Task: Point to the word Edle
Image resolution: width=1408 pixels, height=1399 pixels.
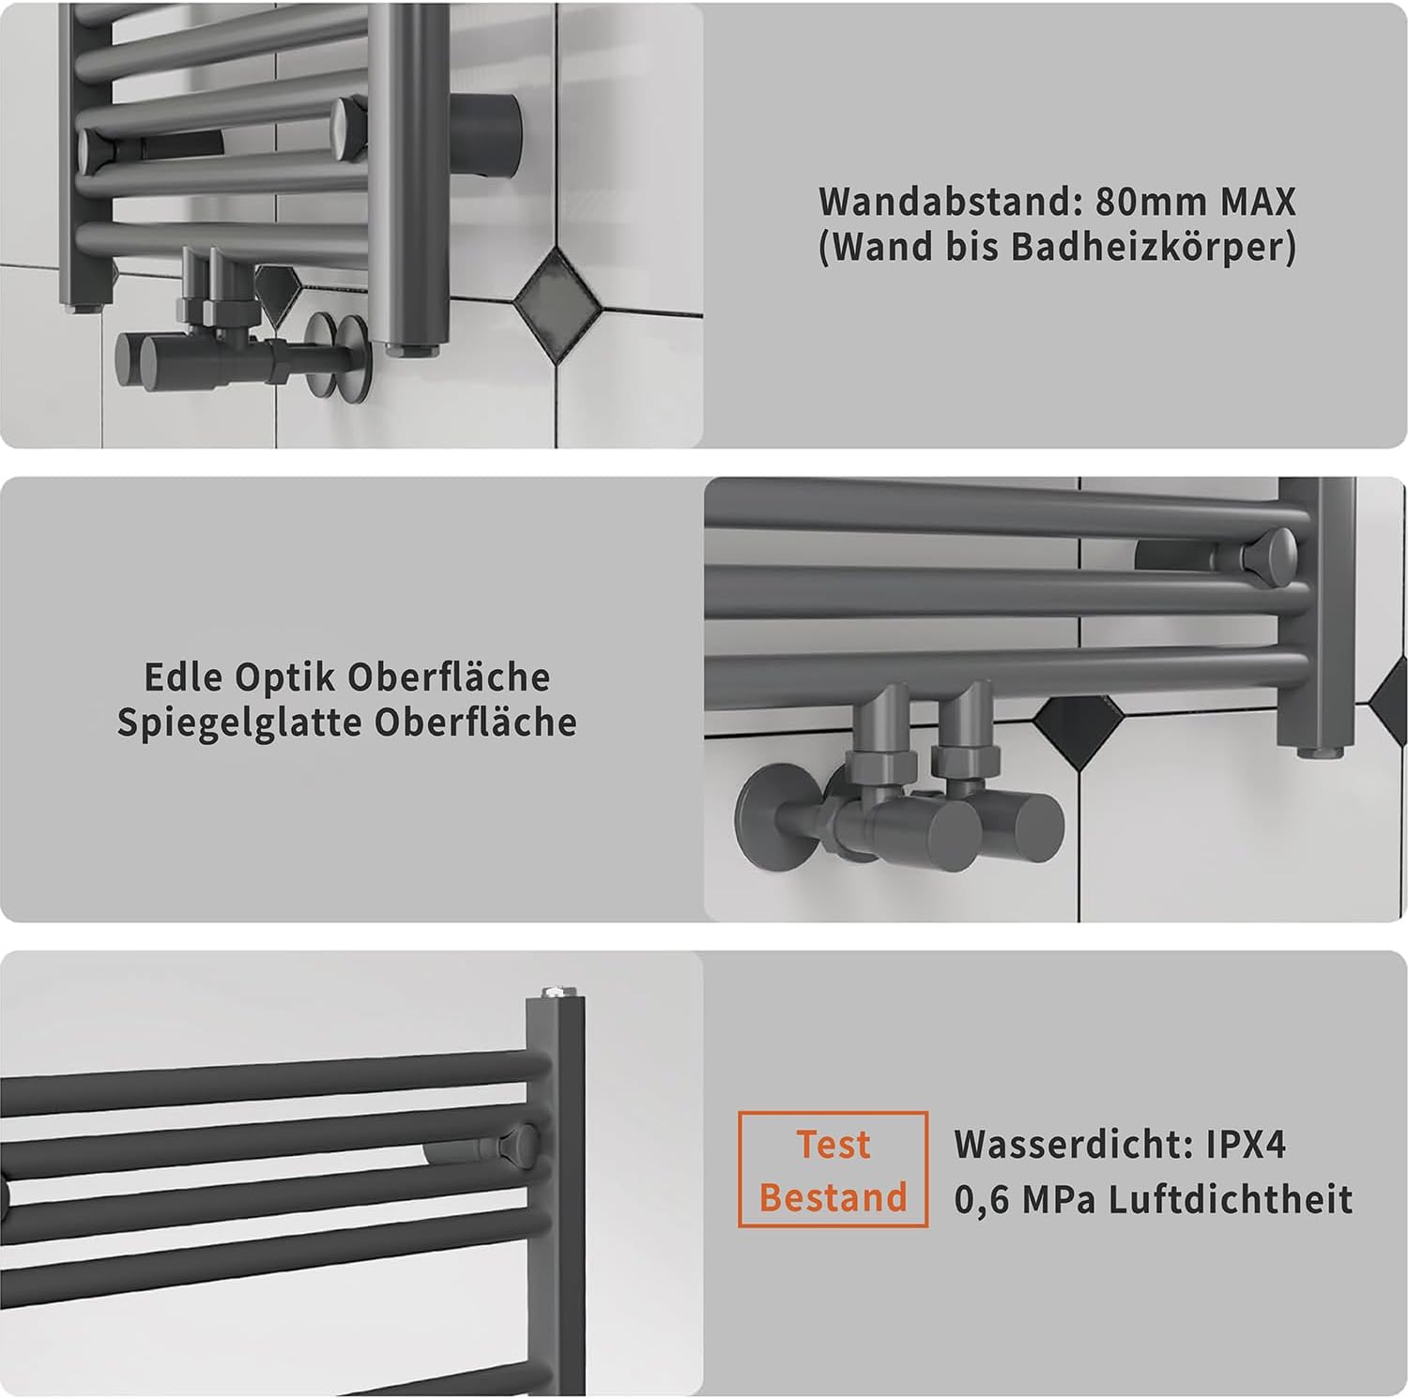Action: click(x=183, y=677)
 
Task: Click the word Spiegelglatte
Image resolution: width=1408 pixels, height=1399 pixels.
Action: click(x=240, y=723)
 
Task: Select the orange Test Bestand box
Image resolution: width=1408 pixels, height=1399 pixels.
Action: click(x=833, y=1169)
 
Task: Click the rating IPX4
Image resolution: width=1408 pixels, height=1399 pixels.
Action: click(x=1247, y=1145)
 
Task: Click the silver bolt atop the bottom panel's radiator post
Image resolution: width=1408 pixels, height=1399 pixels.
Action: click(x=552, y=991)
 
